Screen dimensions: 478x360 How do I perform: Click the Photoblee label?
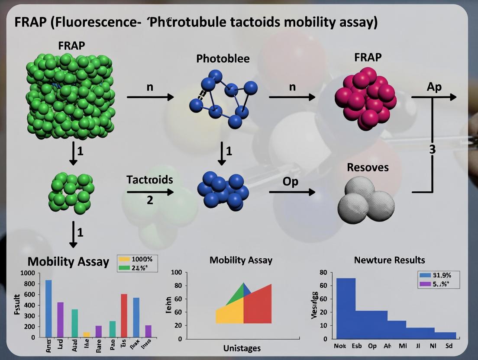click(x=223, y=58)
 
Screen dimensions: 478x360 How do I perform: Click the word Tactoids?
click(x=150, y=180)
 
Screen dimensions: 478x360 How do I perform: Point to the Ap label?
click(x=434, y=87)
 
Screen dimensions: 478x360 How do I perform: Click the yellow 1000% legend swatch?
click(x=124, y=259)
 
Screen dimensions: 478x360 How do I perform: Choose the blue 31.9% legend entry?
click(x=425, y=275)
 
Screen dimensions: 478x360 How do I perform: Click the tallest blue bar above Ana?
click(x=48, y=308)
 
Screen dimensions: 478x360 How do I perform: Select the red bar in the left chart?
click(x=124, y=315)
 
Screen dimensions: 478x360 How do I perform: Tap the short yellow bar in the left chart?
click(x=87, y=334)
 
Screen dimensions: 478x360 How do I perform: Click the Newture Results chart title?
click(x=389, y=260)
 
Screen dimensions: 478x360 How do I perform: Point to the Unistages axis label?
click(x=242, y=348)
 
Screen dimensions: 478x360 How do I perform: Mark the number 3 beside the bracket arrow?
click(x=432, y=150)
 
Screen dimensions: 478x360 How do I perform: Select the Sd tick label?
click(x=449, y=346)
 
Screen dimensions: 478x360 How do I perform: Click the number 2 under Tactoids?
click(x=150, y=201)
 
